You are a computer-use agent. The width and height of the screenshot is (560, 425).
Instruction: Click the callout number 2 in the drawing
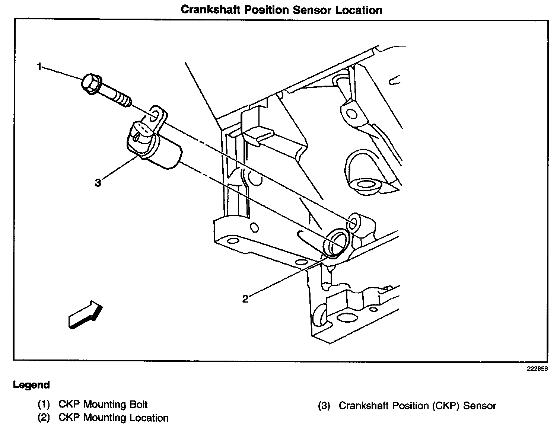click(245, 299)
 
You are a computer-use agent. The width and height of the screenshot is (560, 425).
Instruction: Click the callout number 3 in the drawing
click(98, 183)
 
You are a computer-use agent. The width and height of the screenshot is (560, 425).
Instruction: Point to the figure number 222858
click(537, 370)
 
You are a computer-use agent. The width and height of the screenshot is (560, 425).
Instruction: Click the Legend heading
click(31, 385)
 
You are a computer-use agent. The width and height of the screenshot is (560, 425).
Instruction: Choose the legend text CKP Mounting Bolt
click(103, 405)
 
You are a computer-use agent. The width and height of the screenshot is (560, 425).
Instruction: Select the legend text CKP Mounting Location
click(113, 418)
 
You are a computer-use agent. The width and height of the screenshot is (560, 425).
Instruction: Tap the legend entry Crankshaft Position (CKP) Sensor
click(417, 405)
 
